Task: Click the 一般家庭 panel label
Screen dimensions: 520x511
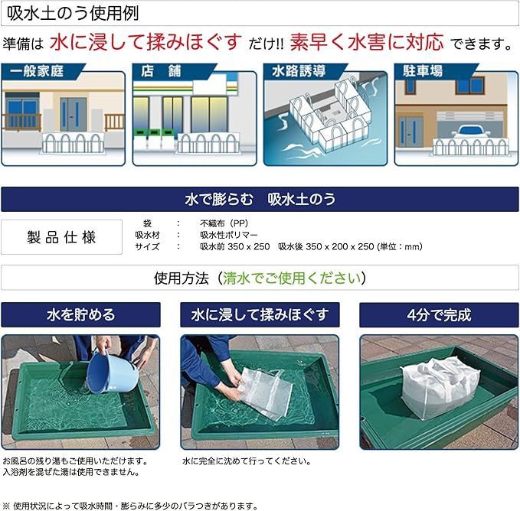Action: click(x=37, y=71)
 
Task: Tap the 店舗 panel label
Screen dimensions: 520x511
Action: click(x=161, y=71)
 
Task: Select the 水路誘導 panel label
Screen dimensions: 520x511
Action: click(x=299, y=71)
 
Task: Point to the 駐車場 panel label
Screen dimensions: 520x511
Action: click(x=423, y=71)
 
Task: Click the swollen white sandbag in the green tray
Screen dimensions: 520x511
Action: click(x=440, y=387)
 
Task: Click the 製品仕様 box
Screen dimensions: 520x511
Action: click(x=62, y=237)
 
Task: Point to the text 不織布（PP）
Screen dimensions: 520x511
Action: click(x=224, y=223)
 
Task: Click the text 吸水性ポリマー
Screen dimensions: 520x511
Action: click(x=229, y=235)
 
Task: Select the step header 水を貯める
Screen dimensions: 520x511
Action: click(x=80, y=314)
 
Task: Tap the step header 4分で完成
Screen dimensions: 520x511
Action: click(x=439, y=314)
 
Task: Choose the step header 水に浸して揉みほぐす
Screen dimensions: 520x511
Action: click(x=260, y=314)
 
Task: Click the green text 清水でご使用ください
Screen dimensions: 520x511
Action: click(x=292, y=278)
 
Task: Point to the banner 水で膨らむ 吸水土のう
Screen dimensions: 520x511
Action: click(x=260, y=199)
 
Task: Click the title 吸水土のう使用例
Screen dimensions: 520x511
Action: click(x=73, y=14)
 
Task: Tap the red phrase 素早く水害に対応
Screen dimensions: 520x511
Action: click(x=367, y=42)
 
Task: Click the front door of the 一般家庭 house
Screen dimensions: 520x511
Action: click(x=73, y=115)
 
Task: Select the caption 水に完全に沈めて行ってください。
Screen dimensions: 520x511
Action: click(x=247, y=461)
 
